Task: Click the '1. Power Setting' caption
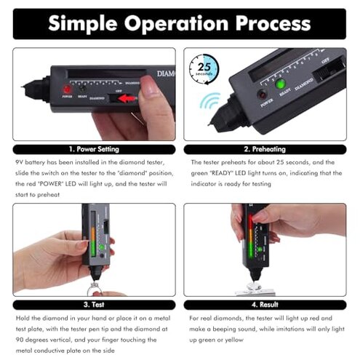click(x=95, y=149)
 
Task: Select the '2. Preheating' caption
click(x=265, y=149)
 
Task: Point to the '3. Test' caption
click(x=95, y=305)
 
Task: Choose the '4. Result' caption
click(x=265, y=305)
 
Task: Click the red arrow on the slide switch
click(x=129, y=98)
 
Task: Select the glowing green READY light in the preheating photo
click(x=279, y=84)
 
